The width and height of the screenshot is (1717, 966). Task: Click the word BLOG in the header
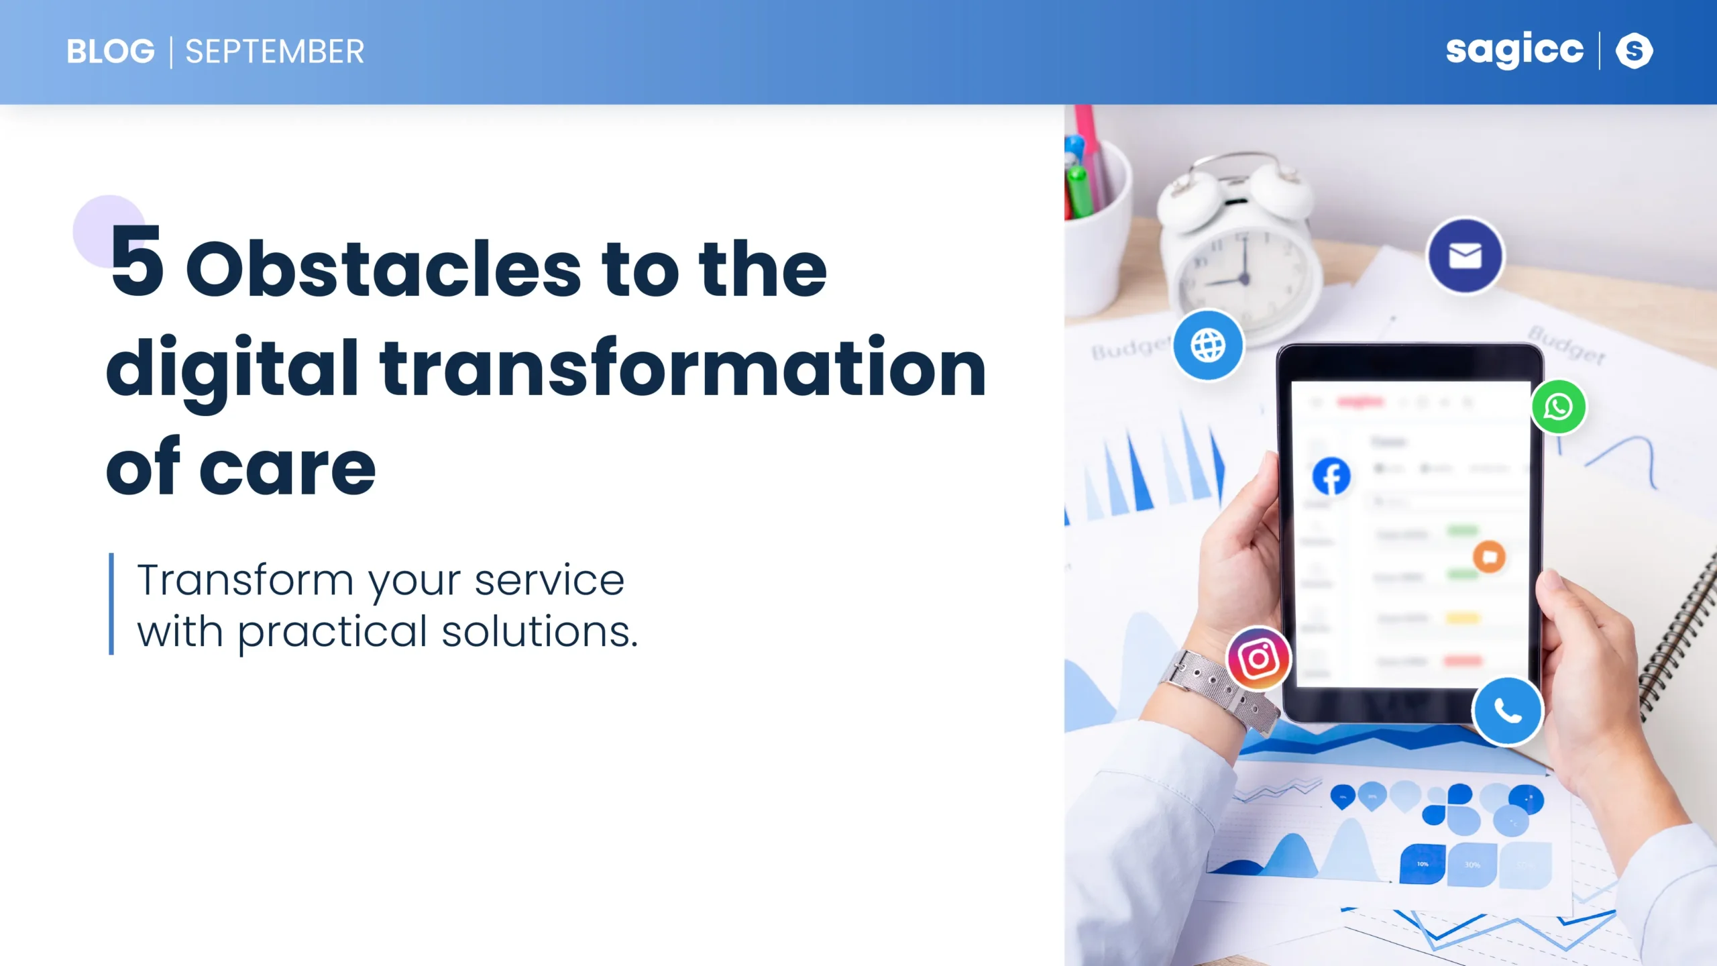tap(111, 52)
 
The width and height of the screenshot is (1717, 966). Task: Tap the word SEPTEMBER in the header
tap(274, 52)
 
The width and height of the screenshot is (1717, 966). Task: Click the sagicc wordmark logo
tap(1514, 50)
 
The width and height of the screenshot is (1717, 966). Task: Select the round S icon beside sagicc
tap(1634, 51)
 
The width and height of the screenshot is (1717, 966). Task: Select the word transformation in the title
tap(683, 369)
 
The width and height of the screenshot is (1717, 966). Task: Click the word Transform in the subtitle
tap(245, 580)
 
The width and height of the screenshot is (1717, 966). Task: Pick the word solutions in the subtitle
tap(539, 632)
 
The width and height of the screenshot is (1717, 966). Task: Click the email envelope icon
tap(1465, 256)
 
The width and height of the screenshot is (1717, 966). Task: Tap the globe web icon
tap(1208, 345)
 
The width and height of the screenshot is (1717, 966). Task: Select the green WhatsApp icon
tap(1558, 407)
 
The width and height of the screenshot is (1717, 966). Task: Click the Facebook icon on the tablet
tap(1331, 476)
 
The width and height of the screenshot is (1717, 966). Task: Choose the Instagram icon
tap(1258, 658)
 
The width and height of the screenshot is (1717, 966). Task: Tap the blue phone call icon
tap(1507, 711)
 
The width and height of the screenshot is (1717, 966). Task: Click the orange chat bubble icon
tap(1489, 557)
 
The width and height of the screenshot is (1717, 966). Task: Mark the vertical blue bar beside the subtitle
tap(111, 604)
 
